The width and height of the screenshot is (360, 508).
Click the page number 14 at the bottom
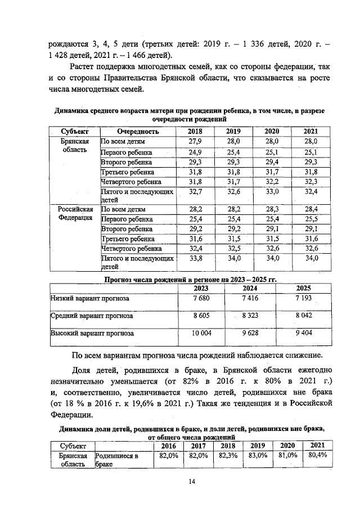[191, 482]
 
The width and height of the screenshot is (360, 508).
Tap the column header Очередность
[134, 131]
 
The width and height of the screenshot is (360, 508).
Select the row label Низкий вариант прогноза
[90, 298]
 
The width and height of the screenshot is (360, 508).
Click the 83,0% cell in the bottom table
[258, 456]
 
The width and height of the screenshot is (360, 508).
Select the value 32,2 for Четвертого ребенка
[272, 182]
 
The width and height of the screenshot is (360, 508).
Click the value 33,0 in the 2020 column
[272, 192]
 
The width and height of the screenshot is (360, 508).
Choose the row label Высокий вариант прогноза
[92, 334]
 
